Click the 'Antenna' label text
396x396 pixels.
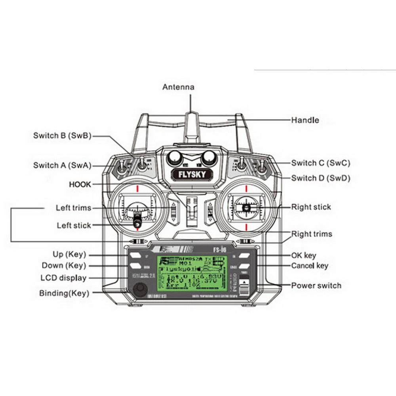click(x=179, y=87)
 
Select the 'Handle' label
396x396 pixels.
click(x=305, y=120)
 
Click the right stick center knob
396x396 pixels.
click(x=246, y=207)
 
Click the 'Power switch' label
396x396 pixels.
click(x=316, y=286)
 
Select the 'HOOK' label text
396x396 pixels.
click(x=80, y=185)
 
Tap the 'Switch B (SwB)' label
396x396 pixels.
click(x=62, y=135)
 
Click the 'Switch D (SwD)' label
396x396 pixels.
click(x=321, y=178)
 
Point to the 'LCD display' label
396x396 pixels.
click(x=63, y=278)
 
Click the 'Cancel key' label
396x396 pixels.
click(x=310, y=266)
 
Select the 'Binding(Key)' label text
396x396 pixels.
click(x=64, y=293)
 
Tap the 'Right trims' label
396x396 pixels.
click(x=312, y=234)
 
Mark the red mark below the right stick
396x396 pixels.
click(x=246, y=227)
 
